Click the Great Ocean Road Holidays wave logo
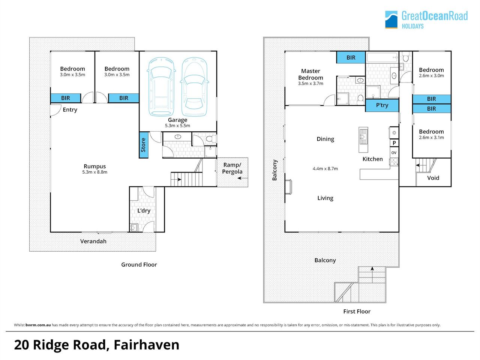point(391,19)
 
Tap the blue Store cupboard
point(144,145)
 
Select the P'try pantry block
point(382,105)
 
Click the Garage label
point(177,120)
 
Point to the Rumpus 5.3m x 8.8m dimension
point(95,172)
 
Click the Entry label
point(70,110)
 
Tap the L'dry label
point(144,211)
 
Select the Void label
point(433,178)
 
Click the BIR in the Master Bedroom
point(351,57)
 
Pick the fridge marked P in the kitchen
point(394,143)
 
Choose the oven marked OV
point(394,153)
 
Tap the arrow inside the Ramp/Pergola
point(243,178)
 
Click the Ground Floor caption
point(139,265)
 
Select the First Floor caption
point(357,312)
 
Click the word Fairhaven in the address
point(147,345)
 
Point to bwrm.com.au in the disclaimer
point(38,325)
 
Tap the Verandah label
point(93,241)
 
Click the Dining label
point(325,139)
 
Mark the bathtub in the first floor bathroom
point(382,57)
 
